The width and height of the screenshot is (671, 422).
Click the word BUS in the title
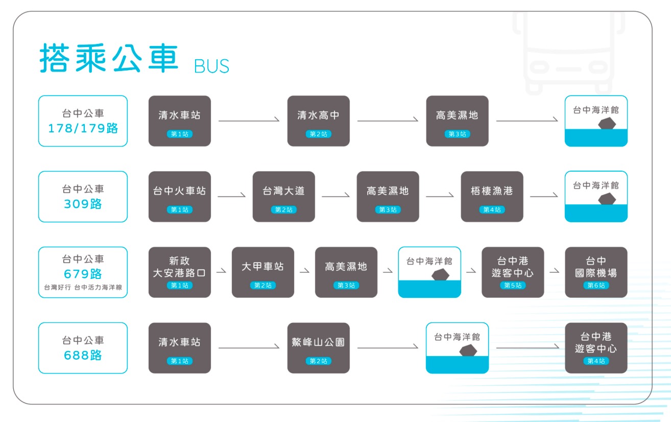tap(211, 66)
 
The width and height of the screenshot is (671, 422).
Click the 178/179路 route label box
tap(83, 121)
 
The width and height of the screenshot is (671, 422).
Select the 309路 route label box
tap(83, 197)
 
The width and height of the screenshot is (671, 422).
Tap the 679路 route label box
tap(83, 272)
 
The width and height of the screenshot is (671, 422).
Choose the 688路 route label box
tap(83, 348)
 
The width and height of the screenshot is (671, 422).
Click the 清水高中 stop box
tap(319, 121)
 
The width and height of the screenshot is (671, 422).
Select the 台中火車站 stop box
tap(180, 197)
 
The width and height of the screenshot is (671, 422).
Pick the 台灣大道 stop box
tap(284, 197)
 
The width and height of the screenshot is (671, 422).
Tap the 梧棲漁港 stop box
tap(492, 197)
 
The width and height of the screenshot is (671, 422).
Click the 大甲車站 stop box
tap(263, 272)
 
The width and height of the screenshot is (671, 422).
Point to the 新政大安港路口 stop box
tap(180, 272)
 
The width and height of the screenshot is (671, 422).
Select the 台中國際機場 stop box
tap(596, 272)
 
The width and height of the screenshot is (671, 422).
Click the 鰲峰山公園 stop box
tap(319, 348)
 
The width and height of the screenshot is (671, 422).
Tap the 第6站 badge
tap(596, 285)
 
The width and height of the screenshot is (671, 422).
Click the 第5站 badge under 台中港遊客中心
tap(513, 285)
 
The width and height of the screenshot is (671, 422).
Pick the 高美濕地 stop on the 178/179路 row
tap(458, 121)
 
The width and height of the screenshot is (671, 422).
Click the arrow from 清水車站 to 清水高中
tap(249, 120)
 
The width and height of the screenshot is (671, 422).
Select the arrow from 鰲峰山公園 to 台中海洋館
tap(388, 347)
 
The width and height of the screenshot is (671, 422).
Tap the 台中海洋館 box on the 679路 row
tap(429, 272)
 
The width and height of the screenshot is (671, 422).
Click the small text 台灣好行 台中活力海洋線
tap(83, 288)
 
